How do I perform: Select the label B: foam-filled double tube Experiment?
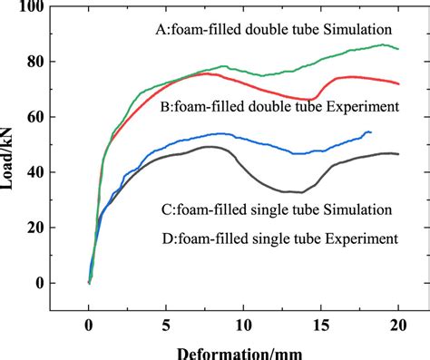click(x=279, y=107)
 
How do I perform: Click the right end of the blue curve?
click(x=371, y=132)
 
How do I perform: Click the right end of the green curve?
click(x=398, y=49)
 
